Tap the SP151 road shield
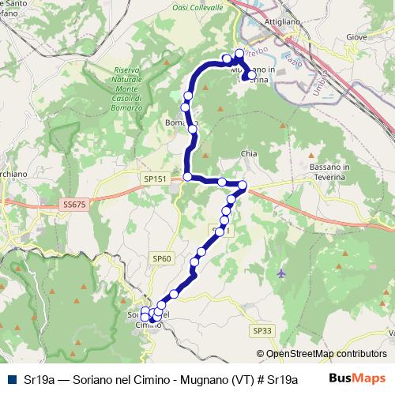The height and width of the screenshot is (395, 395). tap(155, 179)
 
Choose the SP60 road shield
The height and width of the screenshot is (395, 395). tap(162, 258)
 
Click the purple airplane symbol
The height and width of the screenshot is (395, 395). tap(283, 273)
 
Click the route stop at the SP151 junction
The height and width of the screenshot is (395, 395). tap(187, 177)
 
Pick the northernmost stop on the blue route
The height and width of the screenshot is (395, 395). tap(239, 54)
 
